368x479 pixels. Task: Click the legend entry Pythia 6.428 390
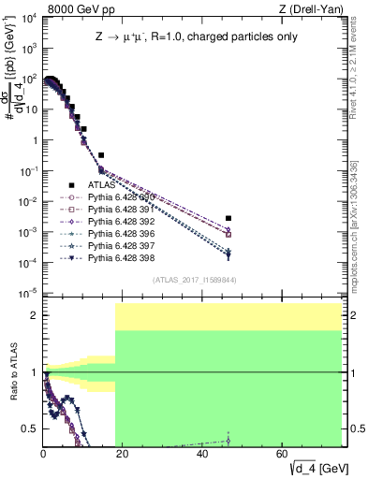click(116, 197)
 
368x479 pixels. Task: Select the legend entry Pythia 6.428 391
click(116, 210)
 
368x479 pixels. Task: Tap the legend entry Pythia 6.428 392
click(116, 222)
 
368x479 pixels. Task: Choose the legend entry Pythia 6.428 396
click(116, 233)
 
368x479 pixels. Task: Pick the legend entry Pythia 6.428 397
click(116, 245)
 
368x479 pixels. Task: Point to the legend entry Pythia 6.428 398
click(116, 256)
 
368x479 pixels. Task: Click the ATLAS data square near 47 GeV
click(228, 218)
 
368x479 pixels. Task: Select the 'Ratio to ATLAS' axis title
click(12, 374)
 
